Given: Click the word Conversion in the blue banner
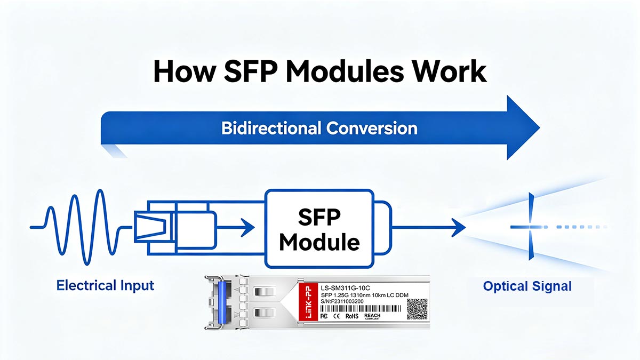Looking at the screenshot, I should [371, 128].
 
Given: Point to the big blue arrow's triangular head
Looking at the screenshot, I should [520, 128].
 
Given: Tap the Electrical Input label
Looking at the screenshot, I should [105, 285].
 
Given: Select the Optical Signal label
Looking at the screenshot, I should [527, 286].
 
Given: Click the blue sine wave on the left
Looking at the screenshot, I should [80, 227].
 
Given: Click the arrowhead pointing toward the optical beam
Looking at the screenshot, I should [456, 229].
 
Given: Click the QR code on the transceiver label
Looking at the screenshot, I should [417, 309].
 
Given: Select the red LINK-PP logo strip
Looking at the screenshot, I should [307, 304].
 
